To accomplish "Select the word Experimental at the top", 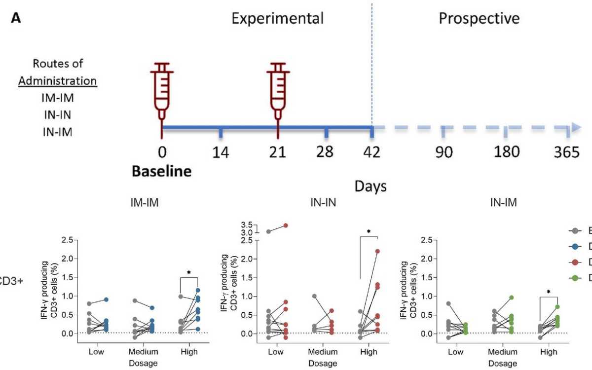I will [278, 19].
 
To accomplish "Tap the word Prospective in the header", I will [479, 19].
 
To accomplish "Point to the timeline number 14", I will [221, 152].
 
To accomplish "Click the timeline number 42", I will [372, 152].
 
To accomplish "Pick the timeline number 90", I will [444, 152].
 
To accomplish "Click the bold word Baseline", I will [161, 172].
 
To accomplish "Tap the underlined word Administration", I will [58, 80].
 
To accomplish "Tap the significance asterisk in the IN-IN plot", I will [369, 231].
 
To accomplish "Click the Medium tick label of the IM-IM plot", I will [144, 352].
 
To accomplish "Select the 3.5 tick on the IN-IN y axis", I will [232, 224].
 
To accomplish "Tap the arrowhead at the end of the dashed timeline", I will [576, 128].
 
